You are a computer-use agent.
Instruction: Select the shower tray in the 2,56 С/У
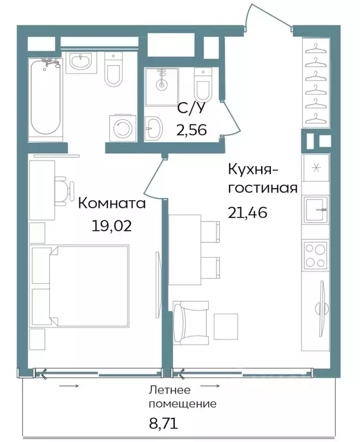(162, 86)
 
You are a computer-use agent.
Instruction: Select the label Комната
(112, 203)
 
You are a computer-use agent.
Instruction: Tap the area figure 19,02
(112, 225)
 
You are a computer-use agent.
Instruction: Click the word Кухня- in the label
(254, 169)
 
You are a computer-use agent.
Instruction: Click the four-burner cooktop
(316, 254)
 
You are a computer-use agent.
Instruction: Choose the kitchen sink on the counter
(316, 206)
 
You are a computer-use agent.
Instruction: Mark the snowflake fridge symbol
(316, 167)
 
